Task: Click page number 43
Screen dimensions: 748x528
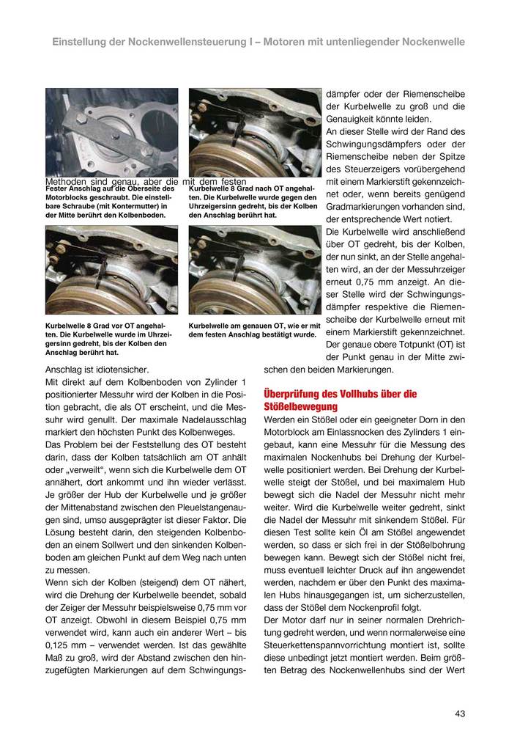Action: (x=460, y=713)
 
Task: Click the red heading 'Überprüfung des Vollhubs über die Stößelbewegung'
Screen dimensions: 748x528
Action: (x=340, y=400)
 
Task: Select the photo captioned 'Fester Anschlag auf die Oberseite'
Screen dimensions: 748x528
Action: (x=111, y=133)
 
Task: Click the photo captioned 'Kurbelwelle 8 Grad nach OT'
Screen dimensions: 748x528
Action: (x=255, y=133)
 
